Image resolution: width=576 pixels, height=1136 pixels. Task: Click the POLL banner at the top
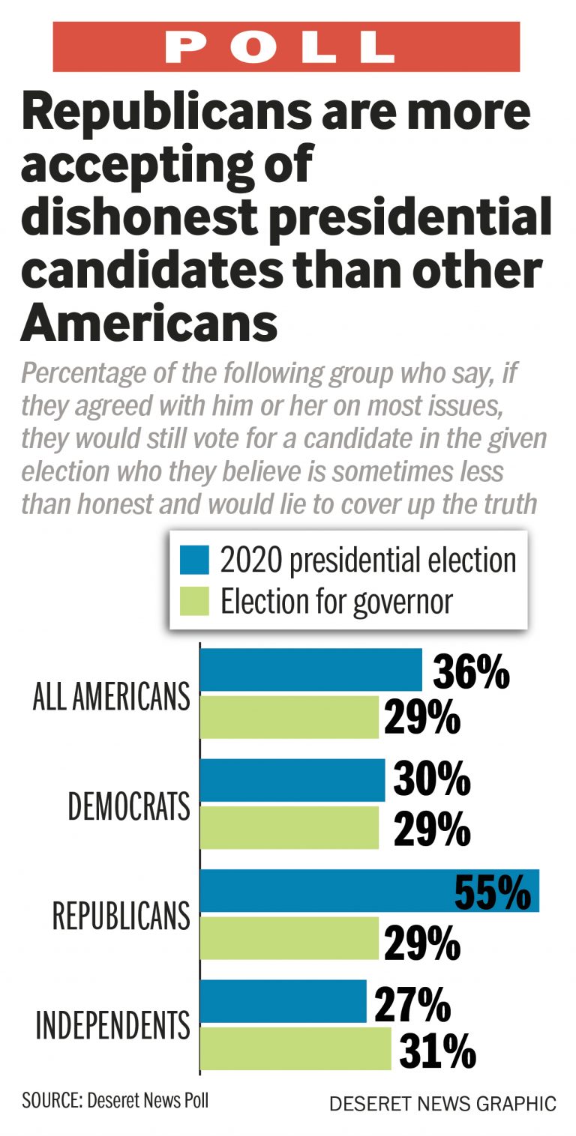pos(286,46)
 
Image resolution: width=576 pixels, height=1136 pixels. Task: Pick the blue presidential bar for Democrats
pos(292,780)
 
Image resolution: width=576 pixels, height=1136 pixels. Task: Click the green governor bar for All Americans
pos(289,717)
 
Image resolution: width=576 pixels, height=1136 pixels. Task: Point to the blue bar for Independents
pos(283,1000)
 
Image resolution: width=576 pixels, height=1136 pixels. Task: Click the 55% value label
pos(492,890)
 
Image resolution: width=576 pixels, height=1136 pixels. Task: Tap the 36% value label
pos(470,672)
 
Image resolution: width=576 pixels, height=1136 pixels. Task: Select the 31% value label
pos(437,1051)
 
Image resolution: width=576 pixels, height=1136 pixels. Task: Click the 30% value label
pos(431,780)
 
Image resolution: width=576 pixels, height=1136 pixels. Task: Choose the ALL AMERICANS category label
pos(111,697)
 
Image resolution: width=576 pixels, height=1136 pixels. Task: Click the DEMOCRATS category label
pos(128,807)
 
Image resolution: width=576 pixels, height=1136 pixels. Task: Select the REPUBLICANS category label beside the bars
pos(121,916)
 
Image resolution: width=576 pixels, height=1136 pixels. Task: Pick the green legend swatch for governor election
pos(194,601)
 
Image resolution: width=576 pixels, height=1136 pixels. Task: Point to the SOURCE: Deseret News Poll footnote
pos(115,1101)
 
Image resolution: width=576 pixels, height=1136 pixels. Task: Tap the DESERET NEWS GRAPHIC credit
pos(442,1104)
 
